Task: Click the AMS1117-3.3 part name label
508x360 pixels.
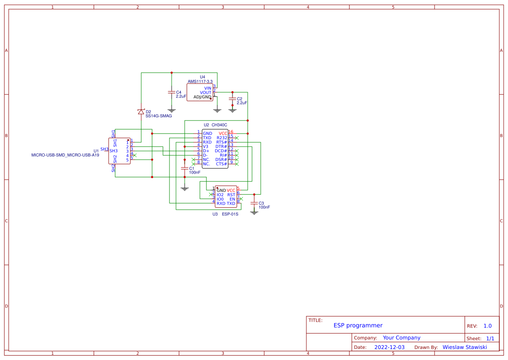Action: click(x=200, y=81)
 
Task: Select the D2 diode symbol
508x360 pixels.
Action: click(x=141, y=112)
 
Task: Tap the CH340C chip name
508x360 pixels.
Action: click(x=219, y=125)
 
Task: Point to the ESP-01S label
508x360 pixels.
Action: click(x=230, y=214)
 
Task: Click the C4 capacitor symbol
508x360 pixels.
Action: click(x=172, y=92)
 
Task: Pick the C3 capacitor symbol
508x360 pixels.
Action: click(x=254, y=203)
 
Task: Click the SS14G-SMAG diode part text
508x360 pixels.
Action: click(x=159, y=116)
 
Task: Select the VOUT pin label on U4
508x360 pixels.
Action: click(x=206, y=93)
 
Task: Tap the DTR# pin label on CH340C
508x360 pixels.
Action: click(x=221, y=147)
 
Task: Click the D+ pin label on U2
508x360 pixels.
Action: click(x=206, y=151)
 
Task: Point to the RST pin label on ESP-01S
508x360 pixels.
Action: click(x=231, y=195)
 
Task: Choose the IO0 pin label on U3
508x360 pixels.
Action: click(x=220, y=199)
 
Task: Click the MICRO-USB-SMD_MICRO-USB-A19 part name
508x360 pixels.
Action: click(x=65, y=155)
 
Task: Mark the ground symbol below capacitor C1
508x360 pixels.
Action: click(x=185, y=189)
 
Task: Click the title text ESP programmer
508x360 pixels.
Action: click(x=358, y=325)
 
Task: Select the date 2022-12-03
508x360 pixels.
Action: click(x=389, y=347)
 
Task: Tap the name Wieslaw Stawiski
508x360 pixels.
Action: click(x=465, y=347)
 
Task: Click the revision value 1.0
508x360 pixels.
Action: click(x=488, y=326)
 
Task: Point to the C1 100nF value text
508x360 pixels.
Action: click(x=195, y=173)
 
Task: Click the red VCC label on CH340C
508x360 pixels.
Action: click(x=223, y=133)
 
